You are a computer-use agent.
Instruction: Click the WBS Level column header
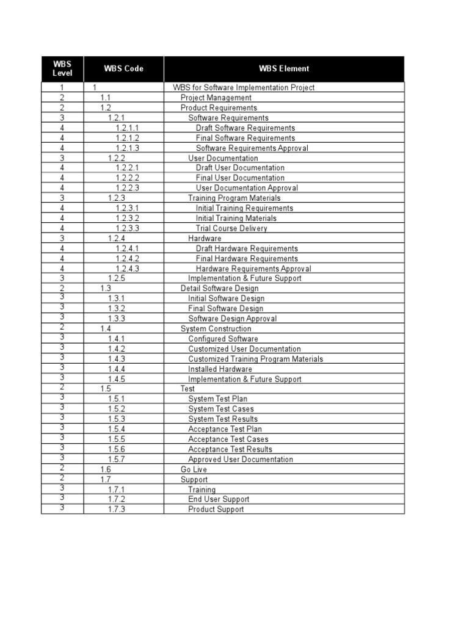tap(62, 69)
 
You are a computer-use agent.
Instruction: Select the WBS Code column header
tap(123, 69)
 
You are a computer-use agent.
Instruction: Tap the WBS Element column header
tap(284, 69)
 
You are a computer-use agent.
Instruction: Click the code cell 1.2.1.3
tap(128, 148)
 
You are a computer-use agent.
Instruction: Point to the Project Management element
tap(216, 98)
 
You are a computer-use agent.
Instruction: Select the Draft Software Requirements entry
tap(245, 128)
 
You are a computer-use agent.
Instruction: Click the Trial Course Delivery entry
tap(231, 228)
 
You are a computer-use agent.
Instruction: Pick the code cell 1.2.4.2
tap(128, 259)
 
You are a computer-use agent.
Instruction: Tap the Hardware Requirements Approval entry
tap(253, 269)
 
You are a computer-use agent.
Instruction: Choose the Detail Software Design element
tap(219, 289)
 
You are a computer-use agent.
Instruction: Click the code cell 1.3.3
tap(117, 319)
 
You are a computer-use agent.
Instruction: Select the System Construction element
tap(216, 329)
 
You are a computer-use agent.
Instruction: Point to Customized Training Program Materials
tap(255, 359)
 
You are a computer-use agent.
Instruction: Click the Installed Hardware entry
tap(220, 369)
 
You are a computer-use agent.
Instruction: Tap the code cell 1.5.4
tap(117, 429)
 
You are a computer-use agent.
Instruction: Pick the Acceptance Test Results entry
tap(230, 449)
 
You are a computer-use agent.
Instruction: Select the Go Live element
tap(194, 469)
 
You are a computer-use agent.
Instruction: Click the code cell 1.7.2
tap(117, 499)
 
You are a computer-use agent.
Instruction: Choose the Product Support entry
tap(216, 510)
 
